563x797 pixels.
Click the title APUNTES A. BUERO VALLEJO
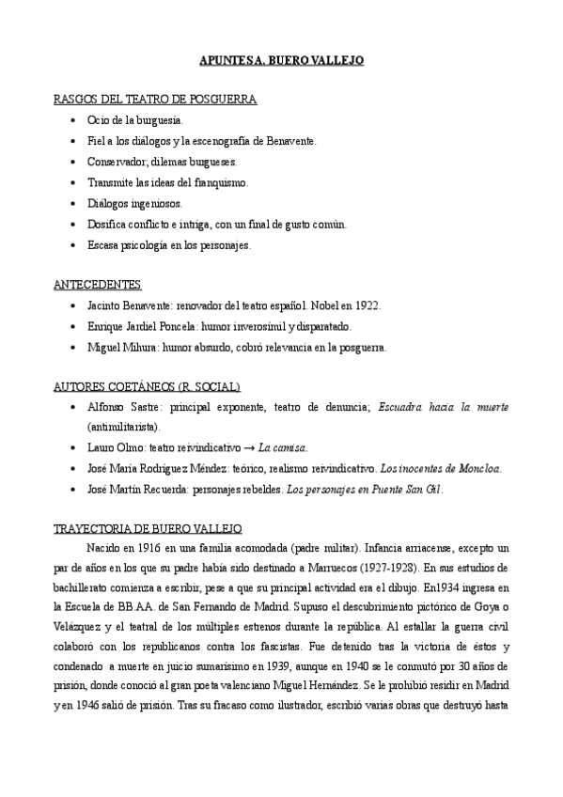pos(281,61)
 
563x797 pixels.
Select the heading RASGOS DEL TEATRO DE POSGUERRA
pos(155,99)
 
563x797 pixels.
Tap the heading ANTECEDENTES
pos(98,284)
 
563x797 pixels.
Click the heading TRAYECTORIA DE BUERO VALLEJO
pos(148,528)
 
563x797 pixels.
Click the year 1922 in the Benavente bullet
pos(366,305)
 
